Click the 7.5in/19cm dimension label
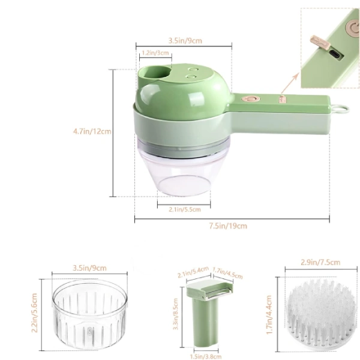pos(228,226)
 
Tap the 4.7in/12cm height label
pos(92,131)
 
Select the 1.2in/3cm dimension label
pos(155,53)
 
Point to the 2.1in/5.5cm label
pos(185,209)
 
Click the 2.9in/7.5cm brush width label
pos(320,262)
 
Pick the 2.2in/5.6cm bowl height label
pos(34,313)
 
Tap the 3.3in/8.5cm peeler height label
pos(176,314)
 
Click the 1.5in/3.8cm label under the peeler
pos(206,356)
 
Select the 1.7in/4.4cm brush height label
pos(269,314)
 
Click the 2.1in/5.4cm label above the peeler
pos(193,272)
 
